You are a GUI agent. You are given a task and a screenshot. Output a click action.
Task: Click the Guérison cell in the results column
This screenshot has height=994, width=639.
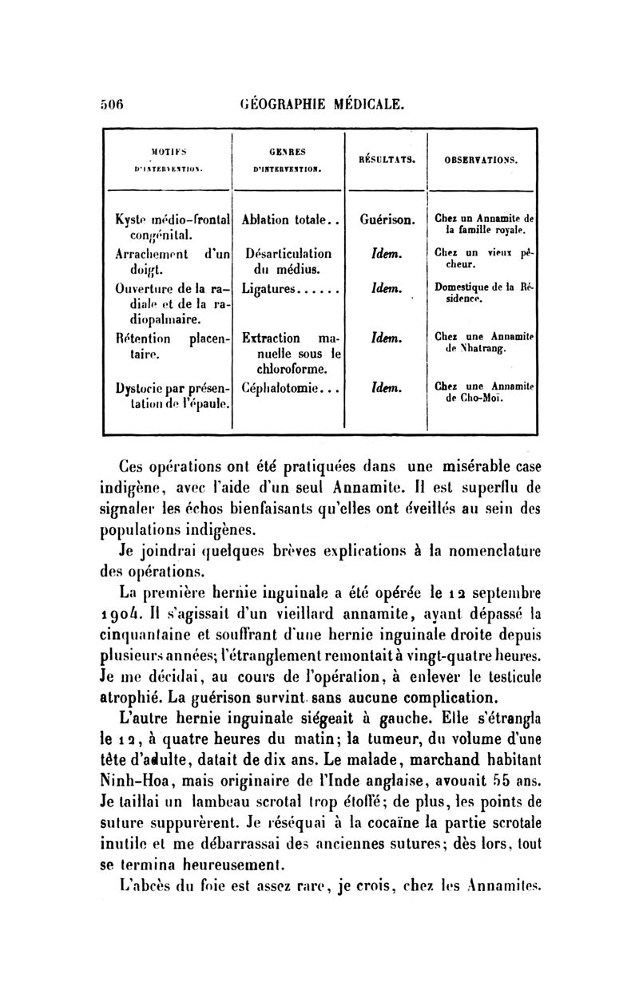387,217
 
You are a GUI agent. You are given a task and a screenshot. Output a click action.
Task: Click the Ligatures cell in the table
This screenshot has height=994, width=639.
284,287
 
